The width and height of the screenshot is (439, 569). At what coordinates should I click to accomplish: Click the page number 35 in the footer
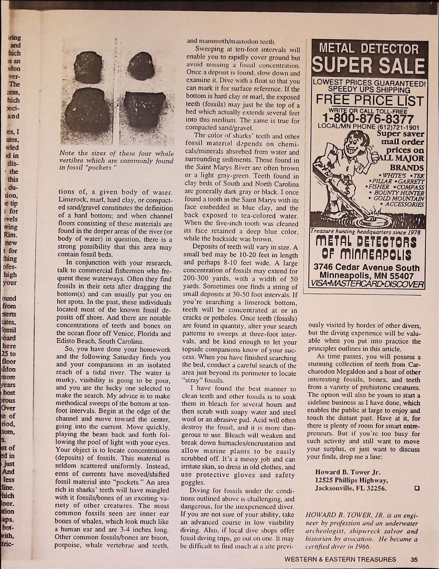click(x=414, y=559)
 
